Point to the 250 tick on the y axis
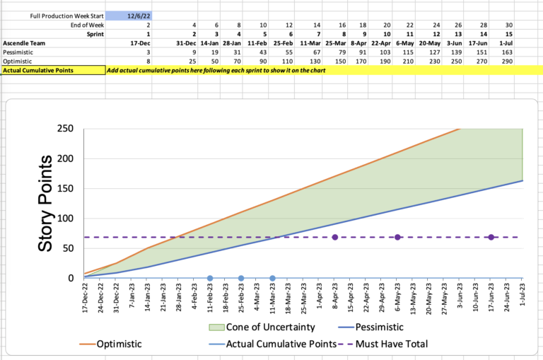pos(64,129)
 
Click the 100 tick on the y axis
pos(64,218)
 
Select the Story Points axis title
pos(46,204)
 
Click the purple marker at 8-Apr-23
pos(335,237)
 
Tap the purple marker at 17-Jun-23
pos(491,237)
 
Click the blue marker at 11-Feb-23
pos(210,278)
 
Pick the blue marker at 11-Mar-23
pos(272,278)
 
